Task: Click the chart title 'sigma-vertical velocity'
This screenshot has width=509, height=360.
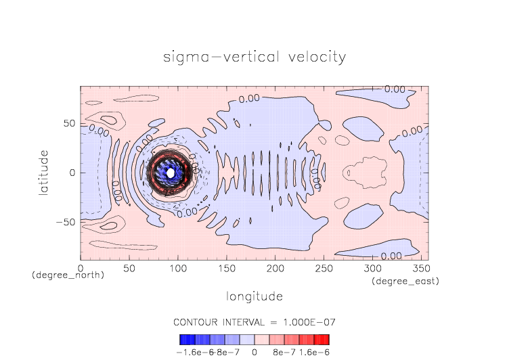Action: (x=255, y=57)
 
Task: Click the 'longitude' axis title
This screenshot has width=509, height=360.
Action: (x=254, y=296)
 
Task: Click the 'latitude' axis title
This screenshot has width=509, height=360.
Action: (x=44, y=173)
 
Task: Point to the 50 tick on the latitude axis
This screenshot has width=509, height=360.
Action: (x=68, y=125)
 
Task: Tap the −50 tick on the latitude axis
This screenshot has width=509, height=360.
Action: (x=65, y=222)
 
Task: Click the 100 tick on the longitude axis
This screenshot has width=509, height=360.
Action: (x=177, y=268)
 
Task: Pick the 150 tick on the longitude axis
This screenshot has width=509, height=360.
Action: (x=226, y=268)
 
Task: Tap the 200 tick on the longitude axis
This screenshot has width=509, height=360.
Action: (x=274, y=268)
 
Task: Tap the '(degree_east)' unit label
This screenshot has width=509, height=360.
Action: (x=407, y=281)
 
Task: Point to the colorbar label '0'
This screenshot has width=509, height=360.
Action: (x=255, y=353)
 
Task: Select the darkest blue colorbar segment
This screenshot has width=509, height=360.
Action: (x=183, y=340)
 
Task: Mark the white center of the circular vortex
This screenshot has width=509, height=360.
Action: (x=171, y=173)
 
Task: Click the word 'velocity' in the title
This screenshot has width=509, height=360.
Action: (x=314, y=57)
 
